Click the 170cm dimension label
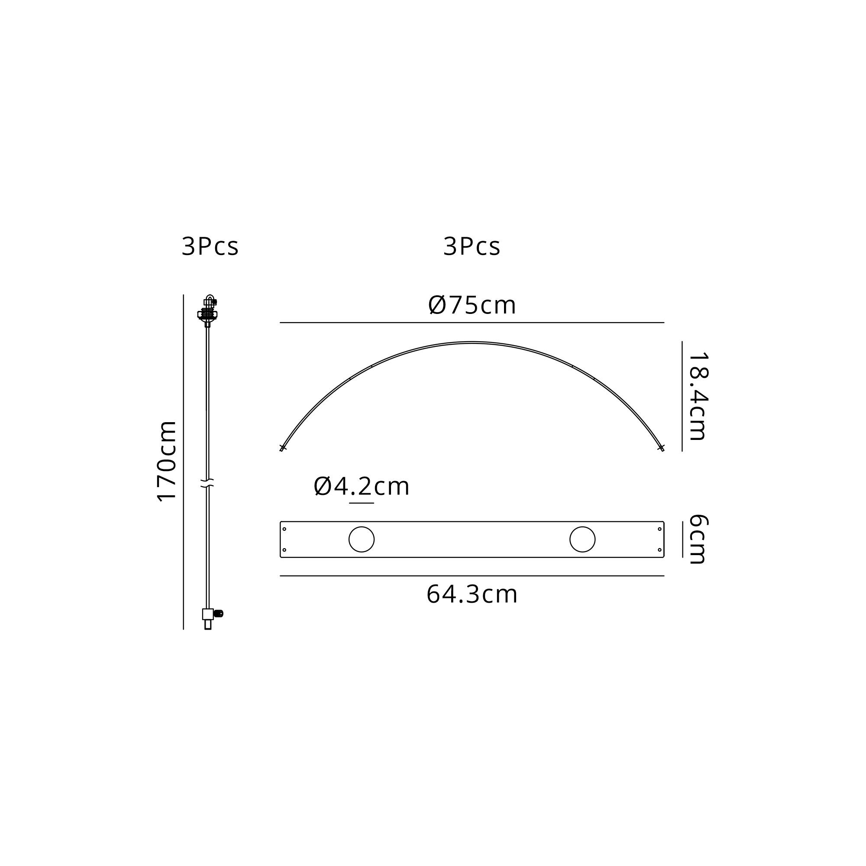[x=167, y=461]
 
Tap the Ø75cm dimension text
[x=472, y=305]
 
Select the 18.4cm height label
[x=698, y=397]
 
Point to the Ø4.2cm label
[x=361, y=486]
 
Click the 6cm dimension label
[x=698, y=539]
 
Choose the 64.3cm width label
[x=472, y=595]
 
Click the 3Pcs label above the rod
[x=210, y=246]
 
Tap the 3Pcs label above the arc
[x=472, y=246]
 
